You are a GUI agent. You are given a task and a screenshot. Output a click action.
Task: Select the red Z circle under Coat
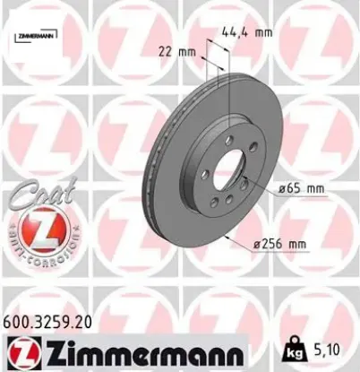[x=36, y=236]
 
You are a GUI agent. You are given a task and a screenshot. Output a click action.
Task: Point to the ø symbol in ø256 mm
[x=258, y=243]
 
